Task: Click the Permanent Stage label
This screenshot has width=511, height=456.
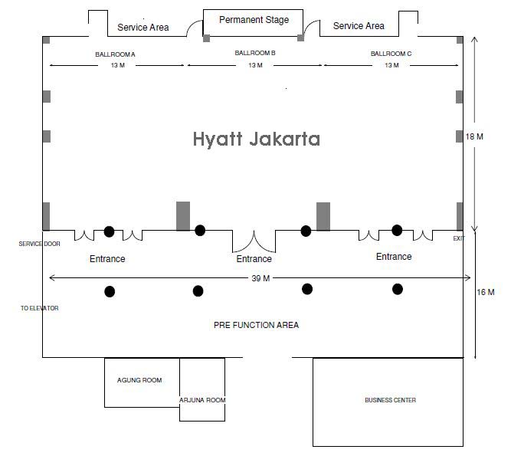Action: click(x=254, y=20)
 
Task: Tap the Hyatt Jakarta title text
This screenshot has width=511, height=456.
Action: click(x=256, y=139)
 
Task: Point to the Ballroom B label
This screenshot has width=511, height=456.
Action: click(x=255, y=54)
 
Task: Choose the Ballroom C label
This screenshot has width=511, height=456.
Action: click(x=391, y=54)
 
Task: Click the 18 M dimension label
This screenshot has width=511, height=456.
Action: click(x=474, y=137)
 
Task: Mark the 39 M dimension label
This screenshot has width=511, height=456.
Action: click(x=260, y=278)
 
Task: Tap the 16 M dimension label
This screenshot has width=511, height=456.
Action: click(x=486, y=293)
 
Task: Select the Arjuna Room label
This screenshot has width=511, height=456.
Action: click(x=202, y=400)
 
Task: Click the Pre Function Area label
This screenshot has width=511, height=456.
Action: click(x=256, y=326)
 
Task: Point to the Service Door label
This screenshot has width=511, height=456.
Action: click(x=40, y=244)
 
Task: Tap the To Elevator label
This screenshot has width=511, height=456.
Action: click(x=40, y=309)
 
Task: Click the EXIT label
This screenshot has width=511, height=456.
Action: click(x=459, y=239)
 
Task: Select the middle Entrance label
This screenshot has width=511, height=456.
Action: click(x=254, y=260)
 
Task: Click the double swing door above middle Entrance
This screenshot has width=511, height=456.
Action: click(x=254, y=241)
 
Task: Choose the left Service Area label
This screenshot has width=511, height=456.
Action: click(x=143, y=28)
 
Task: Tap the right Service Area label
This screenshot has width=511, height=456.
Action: click(x=359, y=26)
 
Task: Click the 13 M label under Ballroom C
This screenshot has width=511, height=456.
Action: click(x=391, y=66)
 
